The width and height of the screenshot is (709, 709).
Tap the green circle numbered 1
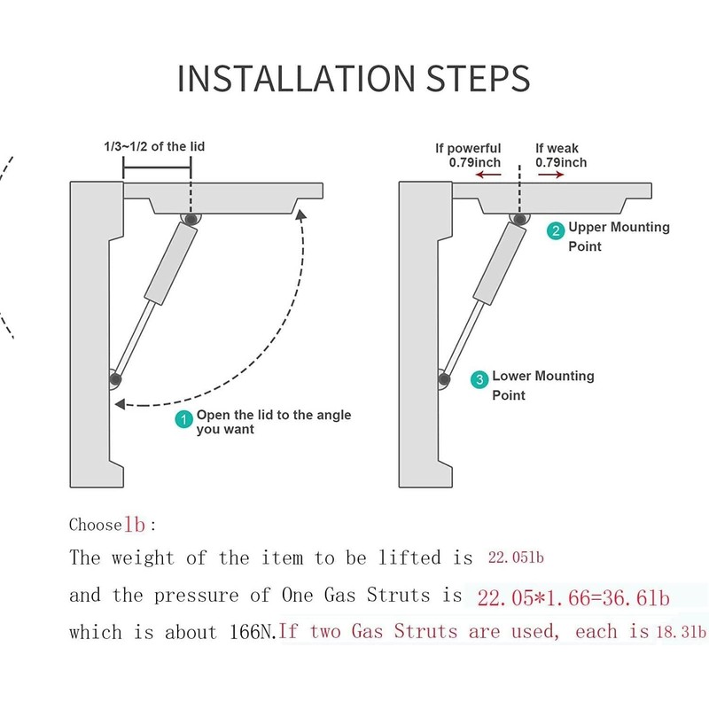click(184, 420)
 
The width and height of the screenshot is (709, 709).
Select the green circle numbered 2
click(556, 232)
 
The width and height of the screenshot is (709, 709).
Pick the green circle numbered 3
click(479, 380)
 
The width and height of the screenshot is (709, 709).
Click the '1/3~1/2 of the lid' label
click(155, 146)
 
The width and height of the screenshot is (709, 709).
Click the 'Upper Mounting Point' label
click(619, 236)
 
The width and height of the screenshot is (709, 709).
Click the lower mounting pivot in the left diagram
click(115, 378)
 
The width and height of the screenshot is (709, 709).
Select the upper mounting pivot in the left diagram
click(190, 218)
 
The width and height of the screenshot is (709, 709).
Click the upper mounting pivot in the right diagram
click(518, 218)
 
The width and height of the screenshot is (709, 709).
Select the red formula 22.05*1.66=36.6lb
click(573, 598)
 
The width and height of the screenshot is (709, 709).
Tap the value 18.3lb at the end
click(688, 633)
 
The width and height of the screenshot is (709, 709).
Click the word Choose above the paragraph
click(95, 525)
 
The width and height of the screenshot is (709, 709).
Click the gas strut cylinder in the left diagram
click(170, 263)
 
